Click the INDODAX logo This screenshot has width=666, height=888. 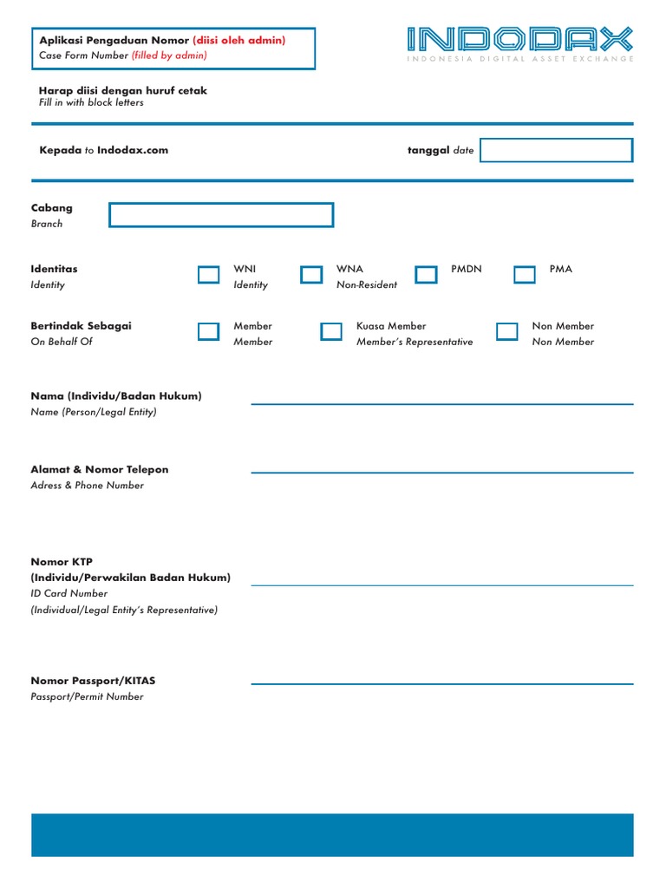[519, 39]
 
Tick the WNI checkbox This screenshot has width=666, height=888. [208, 275]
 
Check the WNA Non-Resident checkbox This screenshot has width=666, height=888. [311, 275]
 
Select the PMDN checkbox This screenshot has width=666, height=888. [426, 275]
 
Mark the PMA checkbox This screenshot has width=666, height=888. [525, 275]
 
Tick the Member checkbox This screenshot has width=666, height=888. [208, 331]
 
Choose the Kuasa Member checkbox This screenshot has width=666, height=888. [331, 331]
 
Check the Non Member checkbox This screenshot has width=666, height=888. [507, 331]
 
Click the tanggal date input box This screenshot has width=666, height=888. [556, 150]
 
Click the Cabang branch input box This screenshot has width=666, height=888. [221, 215]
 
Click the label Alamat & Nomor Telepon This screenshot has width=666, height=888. [100, 469]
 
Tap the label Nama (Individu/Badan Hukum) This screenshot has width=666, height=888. [116, 395]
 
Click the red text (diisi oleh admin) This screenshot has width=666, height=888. [239, 40]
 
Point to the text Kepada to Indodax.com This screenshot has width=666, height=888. [104, 150]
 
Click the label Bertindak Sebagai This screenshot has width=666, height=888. [82, 326]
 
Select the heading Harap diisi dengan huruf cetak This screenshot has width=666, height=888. [123, 90]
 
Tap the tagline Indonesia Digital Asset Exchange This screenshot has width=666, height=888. [519, 59]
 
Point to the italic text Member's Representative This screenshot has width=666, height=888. [415, 342]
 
